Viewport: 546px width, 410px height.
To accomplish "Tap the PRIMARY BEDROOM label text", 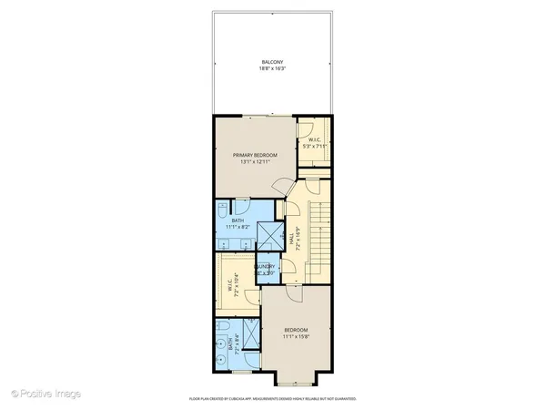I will (254, 155).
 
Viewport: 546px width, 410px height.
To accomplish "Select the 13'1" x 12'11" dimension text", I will (254, 161).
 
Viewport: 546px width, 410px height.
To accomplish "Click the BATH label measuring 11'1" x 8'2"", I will (238, 220).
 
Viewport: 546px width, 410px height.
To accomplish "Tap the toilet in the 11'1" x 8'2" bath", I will (225, 209).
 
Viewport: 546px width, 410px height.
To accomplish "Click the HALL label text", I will (291, 240).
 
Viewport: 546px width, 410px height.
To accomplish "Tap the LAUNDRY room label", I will (265, 266).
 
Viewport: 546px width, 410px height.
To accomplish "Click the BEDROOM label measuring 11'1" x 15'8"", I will (296, 329).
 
